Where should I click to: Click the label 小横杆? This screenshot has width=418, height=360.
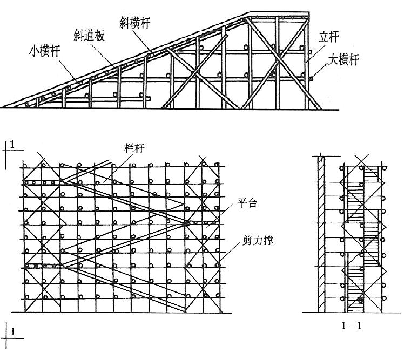(x=44, y=52)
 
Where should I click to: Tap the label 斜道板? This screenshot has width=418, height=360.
(x=89, y=36)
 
